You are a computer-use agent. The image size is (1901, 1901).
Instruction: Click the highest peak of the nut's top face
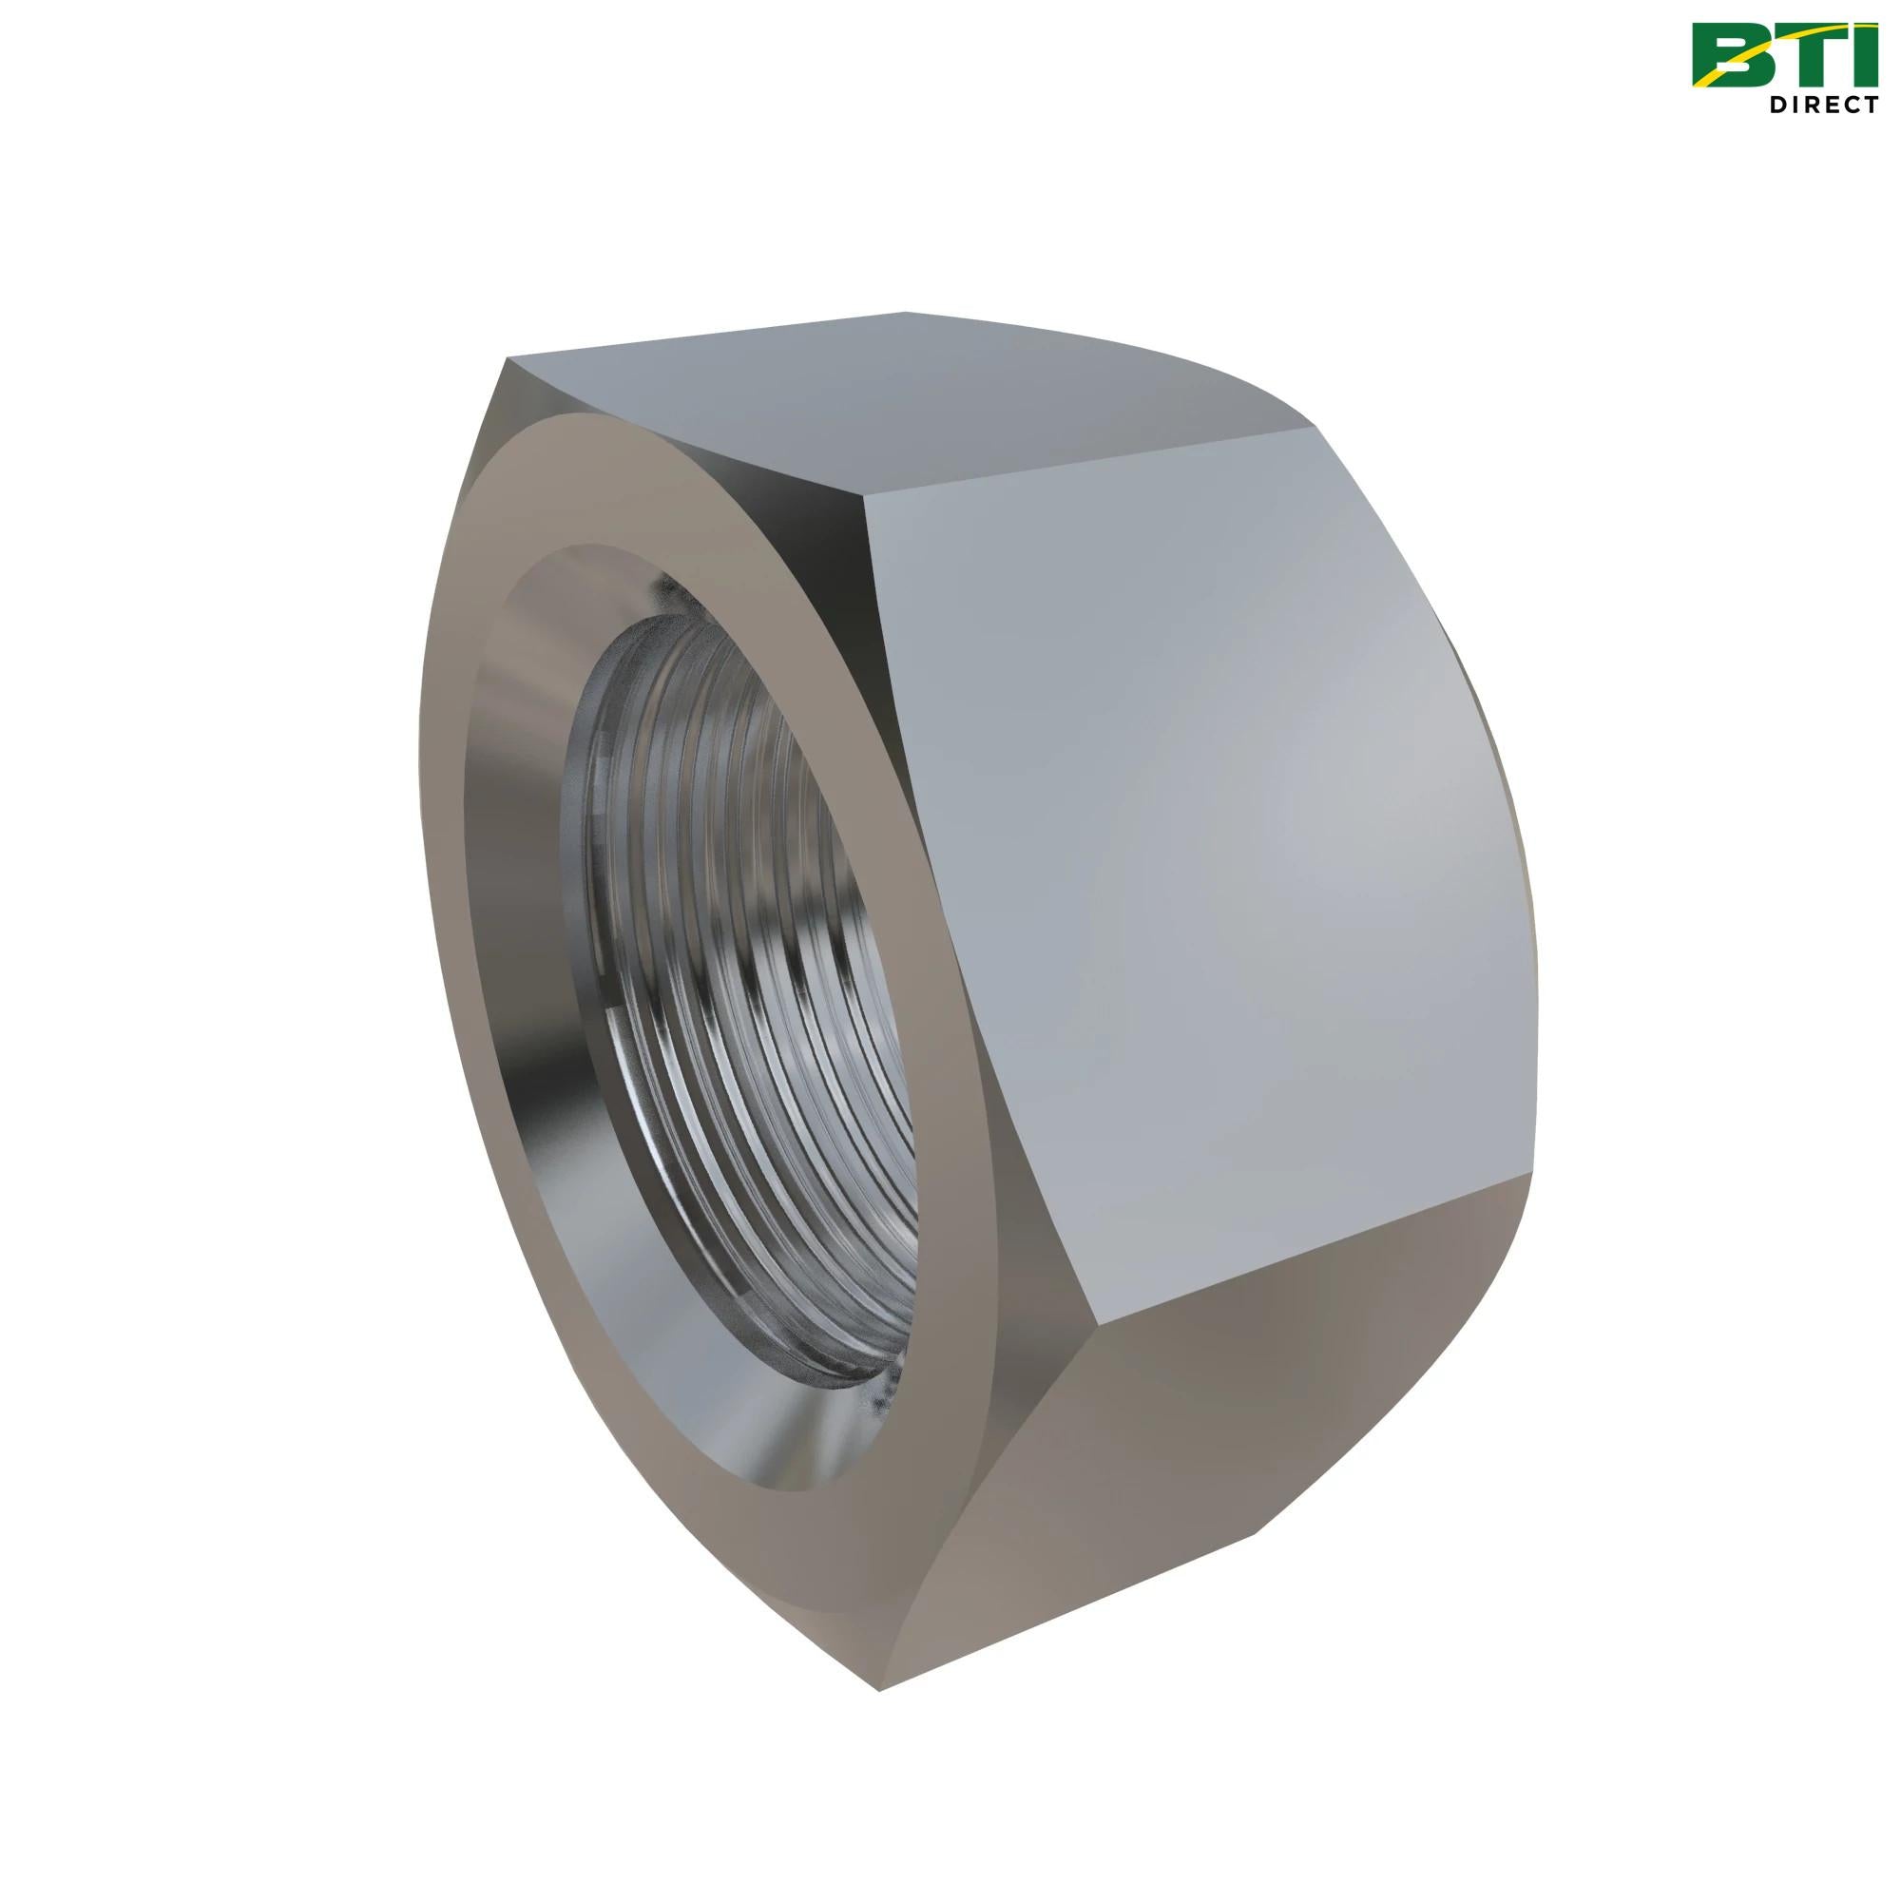(903, 313)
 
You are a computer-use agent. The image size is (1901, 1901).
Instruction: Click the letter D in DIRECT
(1780, 106)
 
